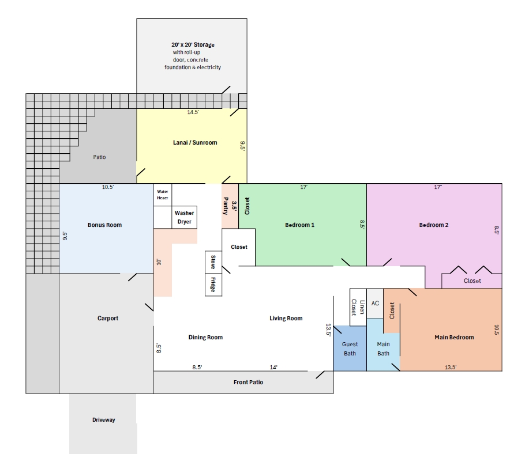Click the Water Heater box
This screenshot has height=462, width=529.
(163, 195)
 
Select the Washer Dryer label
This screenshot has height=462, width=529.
(184, 217)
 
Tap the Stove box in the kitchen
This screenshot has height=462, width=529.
(213, 262)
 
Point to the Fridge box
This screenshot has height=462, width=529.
(213, 285)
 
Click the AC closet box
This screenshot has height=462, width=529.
(375, 303)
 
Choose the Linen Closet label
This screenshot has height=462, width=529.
(358, 307)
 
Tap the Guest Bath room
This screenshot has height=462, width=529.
(350, 349)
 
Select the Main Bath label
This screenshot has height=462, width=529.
(383, 349)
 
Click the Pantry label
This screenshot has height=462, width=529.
(226, 206)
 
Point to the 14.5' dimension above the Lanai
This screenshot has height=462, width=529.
(193, 112)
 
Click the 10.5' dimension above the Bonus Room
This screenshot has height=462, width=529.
(108, 187)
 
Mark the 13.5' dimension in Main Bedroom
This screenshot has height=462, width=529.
(451, 368)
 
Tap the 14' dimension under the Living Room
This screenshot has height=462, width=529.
(273, 368)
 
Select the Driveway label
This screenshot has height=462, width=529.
(104, 420)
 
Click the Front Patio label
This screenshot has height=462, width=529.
(248, 382)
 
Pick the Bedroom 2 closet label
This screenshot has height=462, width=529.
(472, 281)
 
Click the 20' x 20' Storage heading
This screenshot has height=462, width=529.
(193, 44)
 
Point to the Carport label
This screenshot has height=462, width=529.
(108, 318)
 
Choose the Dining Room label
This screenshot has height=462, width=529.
(205, 338)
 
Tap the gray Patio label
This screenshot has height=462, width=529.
(100, 157)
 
